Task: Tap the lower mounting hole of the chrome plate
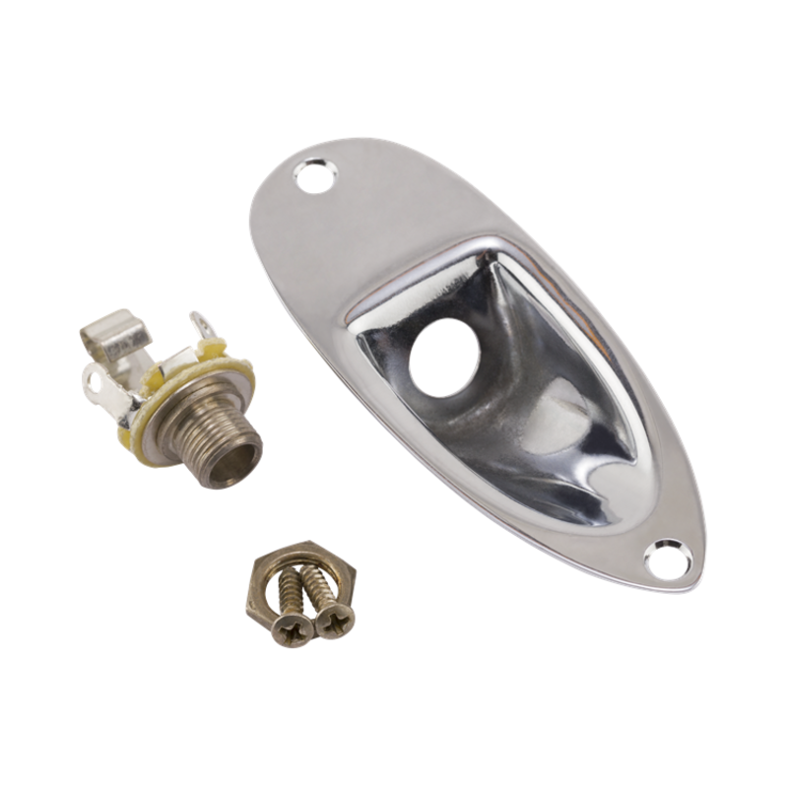click(667, 558)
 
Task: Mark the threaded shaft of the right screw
click(317, 586)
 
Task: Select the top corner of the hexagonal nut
click(278, 544)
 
